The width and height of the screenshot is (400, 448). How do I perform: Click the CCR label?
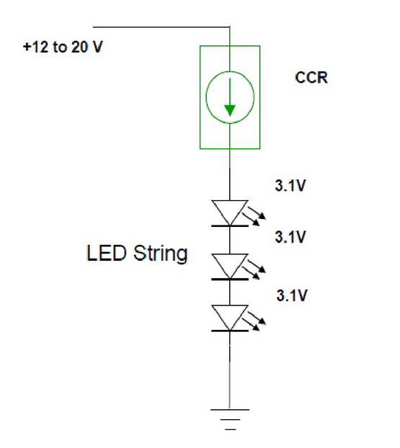pos(311,78)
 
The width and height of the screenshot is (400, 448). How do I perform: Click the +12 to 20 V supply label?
pos(63,47)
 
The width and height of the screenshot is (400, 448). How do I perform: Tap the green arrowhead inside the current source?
pos(230,111)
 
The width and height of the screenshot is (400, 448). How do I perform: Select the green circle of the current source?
pos(206,97)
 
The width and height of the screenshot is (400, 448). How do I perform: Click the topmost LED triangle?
pos(230,212)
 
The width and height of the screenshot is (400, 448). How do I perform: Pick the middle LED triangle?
pos(230,266)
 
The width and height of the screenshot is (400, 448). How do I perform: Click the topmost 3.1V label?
pos(290,185)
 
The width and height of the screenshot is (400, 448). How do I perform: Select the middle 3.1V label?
pos(290,237)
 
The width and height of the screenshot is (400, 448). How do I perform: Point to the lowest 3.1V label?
pos(292,295)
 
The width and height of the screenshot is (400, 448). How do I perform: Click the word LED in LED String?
pos(106,253)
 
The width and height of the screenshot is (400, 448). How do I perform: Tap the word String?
pos(161,254)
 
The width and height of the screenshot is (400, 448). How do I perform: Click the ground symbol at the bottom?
pos(230,419)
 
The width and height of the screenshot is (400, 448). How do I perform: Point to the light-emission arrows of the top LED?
pos(254,216)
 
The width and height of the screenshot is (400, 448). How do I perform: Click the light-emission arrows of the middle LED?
pos(254,269)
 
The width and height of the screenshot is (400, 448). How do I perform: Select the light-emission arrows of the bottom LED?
pos(254,321)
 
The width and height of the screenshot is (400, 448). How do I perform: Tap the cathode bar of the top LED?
pos(230,225)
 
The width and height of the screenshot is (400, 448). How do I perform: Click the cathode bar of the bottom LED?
pos(230,331)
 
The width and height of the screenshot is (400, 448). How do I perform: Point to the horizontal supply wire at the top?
pos(161,27)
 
